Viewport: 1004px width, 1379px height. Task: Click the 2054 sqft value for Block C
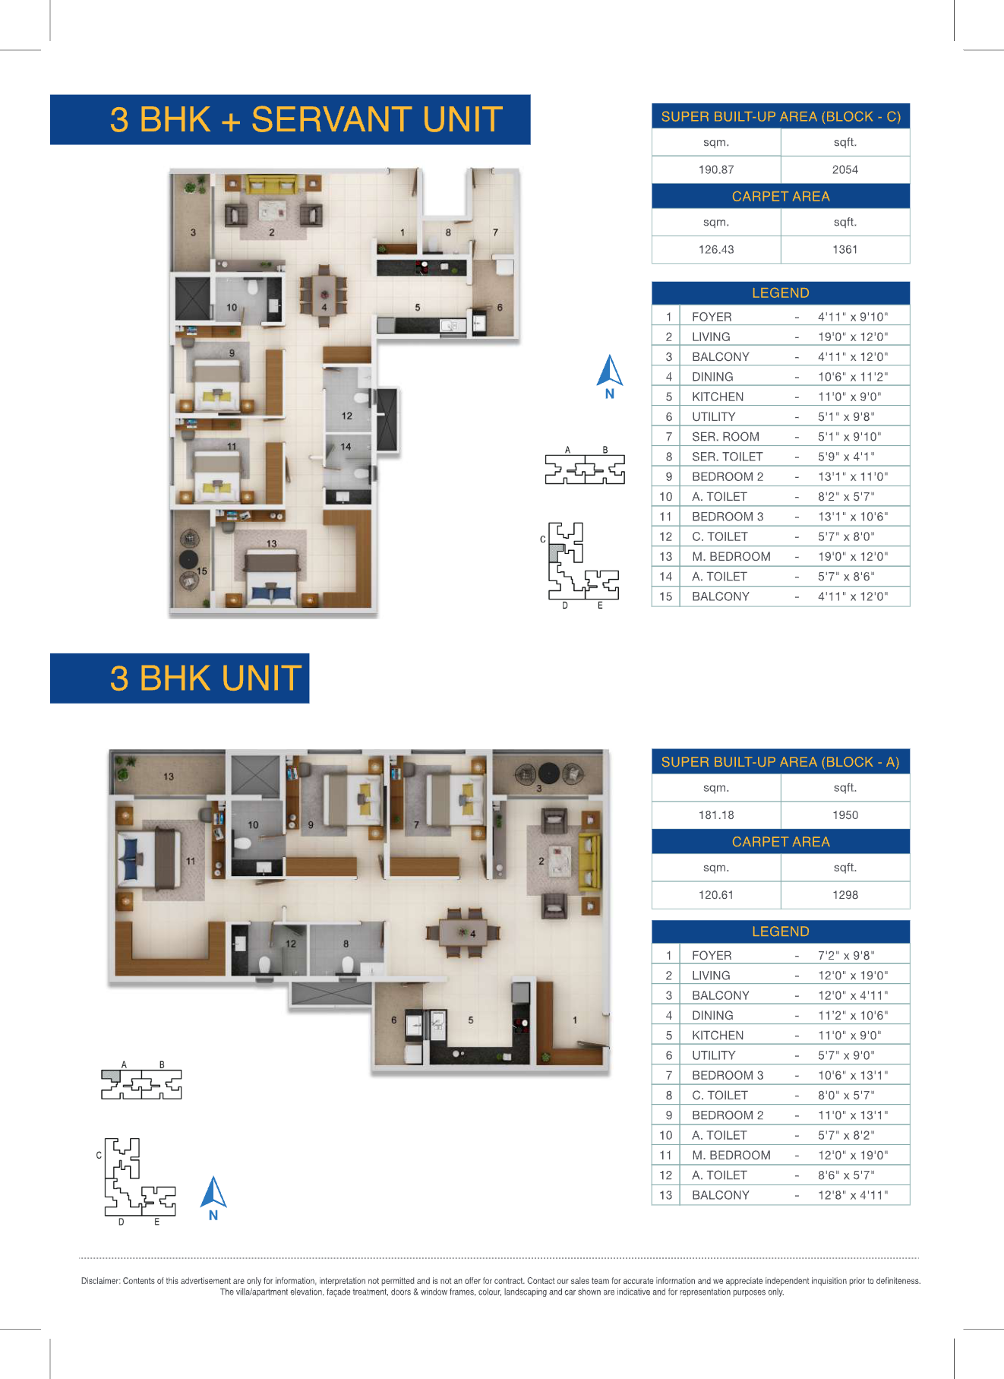pos(845,169)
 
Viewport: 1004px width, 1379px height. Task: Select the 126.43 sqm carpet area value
pos(716,249)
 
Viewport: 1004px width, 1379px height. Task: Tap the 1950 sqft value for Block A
pos(845,815)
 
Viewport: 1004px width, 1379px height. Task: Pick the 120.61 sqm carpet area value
pos(716,895)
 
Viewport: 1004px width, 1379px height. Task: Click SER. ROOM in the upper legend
pos(725,437)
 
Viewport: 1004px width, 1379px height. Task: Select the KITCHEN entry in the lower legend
pos(718,1036)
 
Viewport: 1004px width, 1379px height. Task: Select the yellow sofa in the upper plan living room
pos(271,185)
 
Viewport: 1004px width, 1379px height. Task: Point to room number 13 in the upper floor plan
pos(272,543)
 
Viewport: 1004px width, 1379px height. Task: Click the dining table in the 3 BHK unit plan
pos(463,932)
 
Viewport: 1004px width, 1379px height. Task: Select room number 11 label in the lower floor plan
pos(191,861)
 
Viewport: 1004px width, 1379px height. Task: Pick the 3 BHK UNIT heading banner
pos(180,678)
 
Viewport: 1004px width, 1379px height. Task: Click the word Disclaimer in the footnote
pos(100,1281)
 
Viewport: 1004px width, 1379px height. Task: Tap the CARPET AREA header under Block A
pos(781,842)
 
